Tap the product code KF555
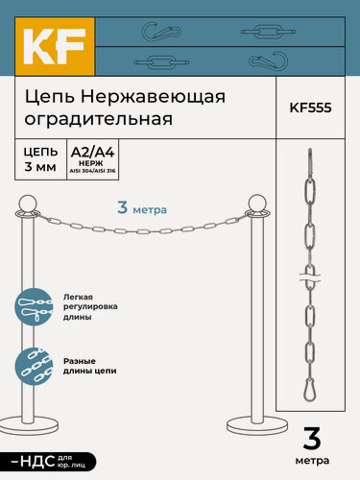(310, 108)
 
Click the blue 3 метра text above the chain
(142, 206)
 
